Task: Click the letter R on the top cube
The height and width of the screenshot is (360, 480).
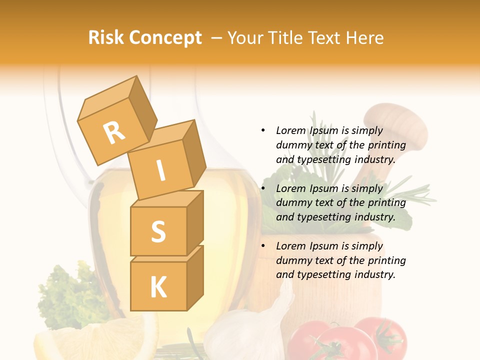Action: pos(114,132)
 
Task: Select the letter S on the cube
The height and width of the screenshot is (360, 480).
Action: pos(158,231)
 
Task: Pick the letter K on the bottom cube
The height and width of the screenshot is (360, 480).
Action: pos(158,287)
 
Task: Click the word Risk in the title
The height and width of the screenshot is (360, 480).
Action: pos(105,38)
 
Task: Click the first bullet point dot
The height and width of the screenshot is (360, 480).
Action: pos(263,130)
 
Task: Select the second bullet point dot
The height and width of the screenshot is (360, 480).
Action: pos(263,188)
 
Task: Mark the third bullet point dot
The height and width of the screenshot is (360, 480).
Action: pos(263,246)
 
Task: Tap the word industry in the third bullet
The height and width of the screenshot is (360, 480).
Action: pos(375,274)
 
